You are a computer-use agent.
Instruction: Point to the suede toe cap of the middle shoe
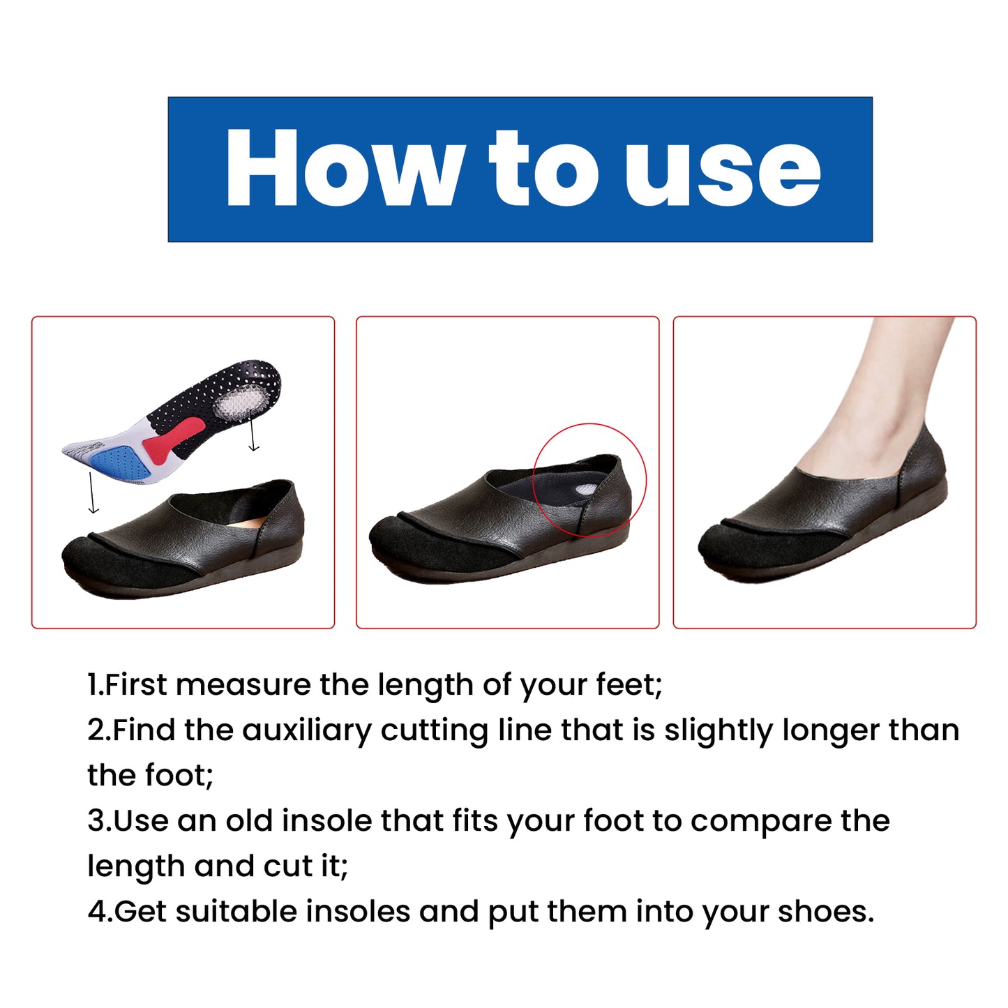(x=419, y=548)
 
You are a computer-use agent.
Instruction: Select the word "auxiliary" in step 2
(x=306, y=730)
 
